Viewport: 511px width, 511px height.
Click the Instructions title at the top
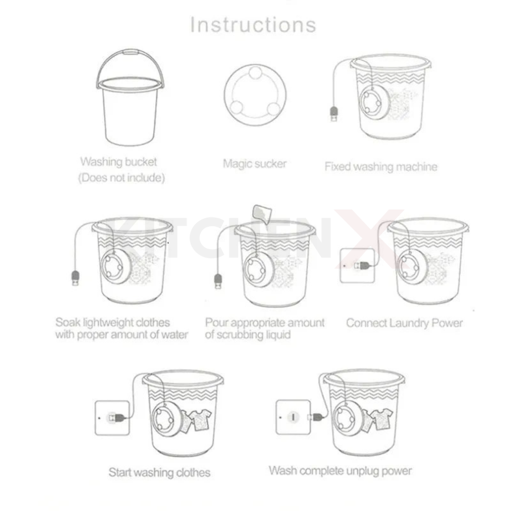(x=253, y=25)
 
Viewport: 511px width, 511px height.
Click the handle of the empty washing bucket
(x=130, y=52)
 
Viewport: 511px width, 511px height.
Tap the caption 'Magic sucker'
(x=255, y=164)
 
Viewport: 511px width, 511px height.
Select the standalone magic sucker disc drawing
(x=255, y=95)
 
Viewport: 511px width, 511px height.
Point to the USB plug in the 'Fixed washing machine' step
(x=334, y=114)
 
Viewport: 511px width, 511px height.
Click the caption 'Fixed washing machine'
(x=381, y=167)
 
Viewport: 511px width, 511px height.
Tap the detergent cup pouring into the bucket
(x=262, y=214)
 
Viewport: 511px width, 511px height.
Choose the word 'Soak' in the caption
(x=68, y=322)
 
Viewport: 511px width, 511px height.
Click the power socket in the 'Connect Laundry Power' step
(x=357, y=265)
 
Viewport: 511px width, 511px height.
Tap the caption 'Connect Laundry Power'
(x=405, y=323)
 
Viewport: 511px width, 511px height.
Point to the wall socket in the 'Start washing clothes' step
(x=112, y=418)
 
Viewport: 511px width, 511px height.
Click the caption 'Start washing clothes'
(x=159, y=472)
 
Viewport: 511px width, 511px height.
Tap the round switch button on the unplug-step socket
(x=293, y=417)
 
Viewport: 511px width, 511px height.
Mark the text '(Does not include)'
(x=122, y=178)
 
